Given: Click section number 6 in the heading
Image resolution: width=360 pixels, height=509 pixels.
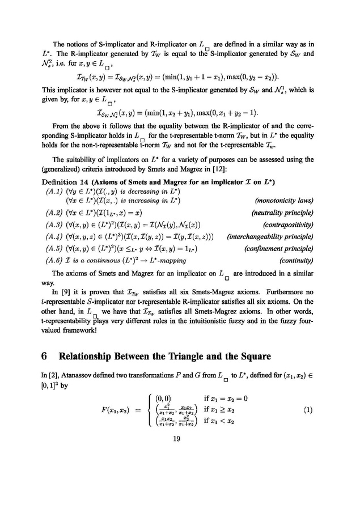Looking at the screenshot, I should [x=45, y=357].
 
